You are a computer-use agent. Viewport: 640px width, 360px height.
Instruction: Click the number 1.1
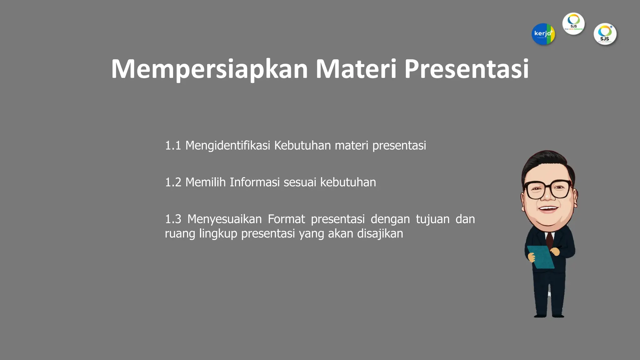click(x=173, y=146)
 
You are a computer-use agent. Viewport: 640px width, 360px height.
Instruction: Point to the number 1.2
click(x=173, y=182)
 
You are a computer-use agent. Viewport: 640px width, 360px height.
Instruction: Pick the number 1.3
click(x=173, y=219)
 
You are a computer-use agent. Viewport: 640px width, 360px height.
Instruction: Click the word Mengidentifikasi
click(x=227, y=146)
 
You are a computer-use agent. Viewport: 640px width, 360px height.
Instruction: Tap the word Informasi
click(x=254, y=182)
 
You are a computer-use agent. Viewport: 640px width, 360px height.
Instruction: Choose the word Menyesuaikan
click(x=224, y=219)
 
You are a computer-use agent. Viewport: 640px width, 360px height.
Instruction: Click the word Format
click(x=286, y=219)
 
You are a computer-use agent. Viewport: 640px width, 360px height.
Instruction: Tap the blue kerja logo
click(x=543, y=34)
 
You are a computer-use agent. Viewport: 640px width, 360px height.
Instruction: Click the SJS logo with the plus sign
click(x=605, y=34)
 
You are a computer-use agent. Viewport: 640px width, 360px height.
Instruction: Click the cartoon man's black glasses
click(x=548, y=189)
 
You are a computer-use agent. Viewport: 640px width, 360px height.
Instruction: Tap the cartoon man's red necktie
click(x=549, y=239)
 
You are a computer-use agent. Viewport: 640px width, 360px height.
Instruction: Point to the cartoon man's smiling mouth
click(x=548, y=208)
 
